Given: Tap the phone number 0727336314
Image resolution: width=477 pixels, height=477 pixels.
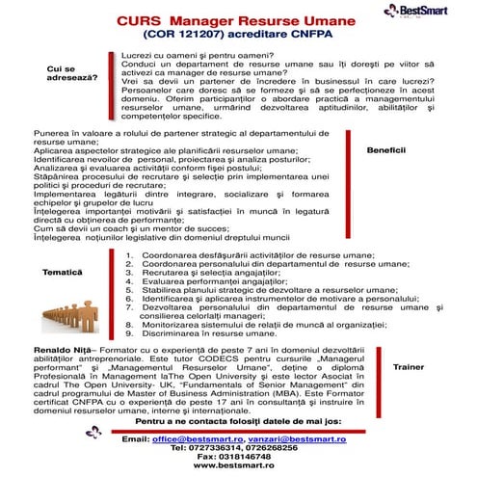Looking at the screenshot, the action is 212,447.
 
